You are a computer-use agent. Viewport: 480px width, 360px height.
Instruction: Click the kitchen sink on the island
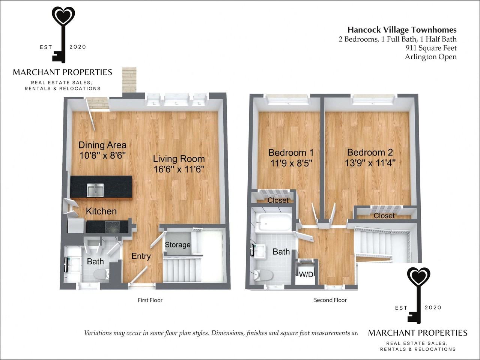click(95, 190)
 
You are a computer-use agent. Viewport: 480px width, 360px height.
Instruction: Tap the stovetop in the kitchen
click(112, 226)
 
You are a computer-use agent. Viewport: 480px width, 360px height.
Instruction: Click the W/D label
click(306, 274)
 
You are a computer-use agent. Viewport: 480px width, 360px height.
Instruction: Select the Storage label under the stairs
click(178, 245)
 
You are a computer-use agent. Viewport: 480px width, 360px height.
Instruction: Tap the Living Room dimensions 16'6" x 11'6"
click(179, 169)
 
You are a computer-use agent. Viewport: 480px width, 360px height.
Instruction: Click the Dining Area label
click(102, 145)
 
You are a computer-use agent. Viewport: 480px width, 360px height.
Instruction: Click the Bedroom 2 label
click(370, 152)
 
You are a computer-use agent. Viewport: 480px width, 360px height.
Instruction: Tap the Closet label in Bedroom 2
click(384, 216)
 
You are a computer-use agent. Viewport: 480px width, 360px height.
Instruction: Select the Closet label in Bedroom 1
click(278, 200)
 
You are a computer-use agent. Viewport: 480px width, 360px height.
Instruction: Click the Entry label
click(141, 256)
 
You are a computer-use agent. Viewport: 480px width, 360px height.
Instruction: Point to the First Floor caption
click(150, 300)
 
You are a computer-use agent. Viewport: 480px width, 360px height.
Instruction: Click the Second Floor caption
click(330, 300)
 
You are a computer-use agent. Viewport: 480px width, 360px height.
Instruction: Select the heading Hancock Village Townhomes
click(402, 30)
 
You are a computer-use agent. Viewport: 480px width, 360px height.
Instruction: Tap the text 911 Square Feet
click(431, 48)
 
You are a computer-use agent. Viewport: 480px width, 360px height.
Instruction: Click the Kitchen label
click(101, 211)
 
